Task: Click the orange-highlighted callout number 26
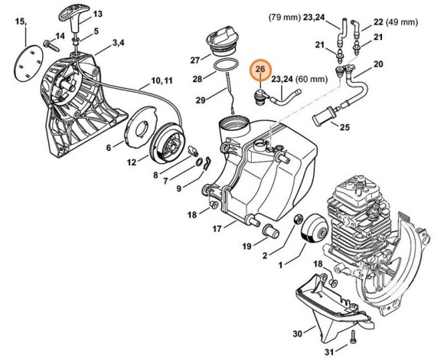click(261, 70)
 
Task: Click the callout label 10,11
click(162, 80)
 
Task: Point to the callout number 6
click(109, 147)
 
